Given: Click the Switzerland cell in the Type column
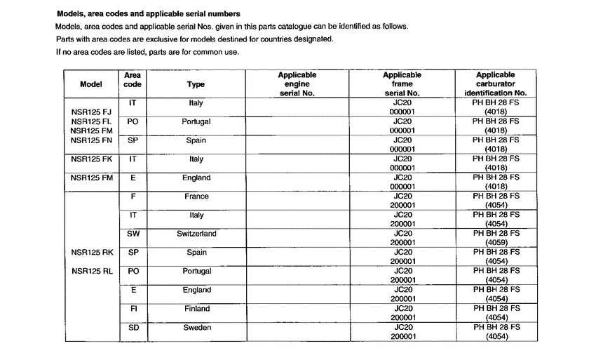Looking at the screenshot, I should point(196,234).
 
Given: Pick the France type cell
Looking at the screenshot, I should point(196,197).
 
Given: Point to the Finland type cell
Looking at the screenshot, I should point(196,309).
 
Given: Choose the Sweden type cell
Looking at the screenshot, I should point(196,328).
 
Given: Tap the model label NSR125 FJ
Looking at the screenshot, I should point(91,112).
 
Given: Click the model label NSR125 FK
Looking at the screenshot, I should point(91,159).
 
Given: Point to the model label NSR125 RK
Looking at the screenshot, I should point(92,253).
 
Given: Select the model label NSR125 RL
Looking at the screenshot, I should point(92,272).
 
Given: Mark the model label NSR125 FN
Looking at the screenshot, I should point(91,140).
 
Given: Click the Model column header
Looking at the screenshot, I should point(91,84).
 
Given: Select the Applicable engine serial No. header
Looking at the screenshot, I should point(297,84).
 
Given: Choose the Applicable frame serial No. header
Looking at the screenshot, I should point(402,84).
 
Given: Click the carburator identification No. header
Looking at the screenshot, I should point(495,84).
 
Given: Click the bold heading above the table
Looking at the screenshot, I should point(148,13).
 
